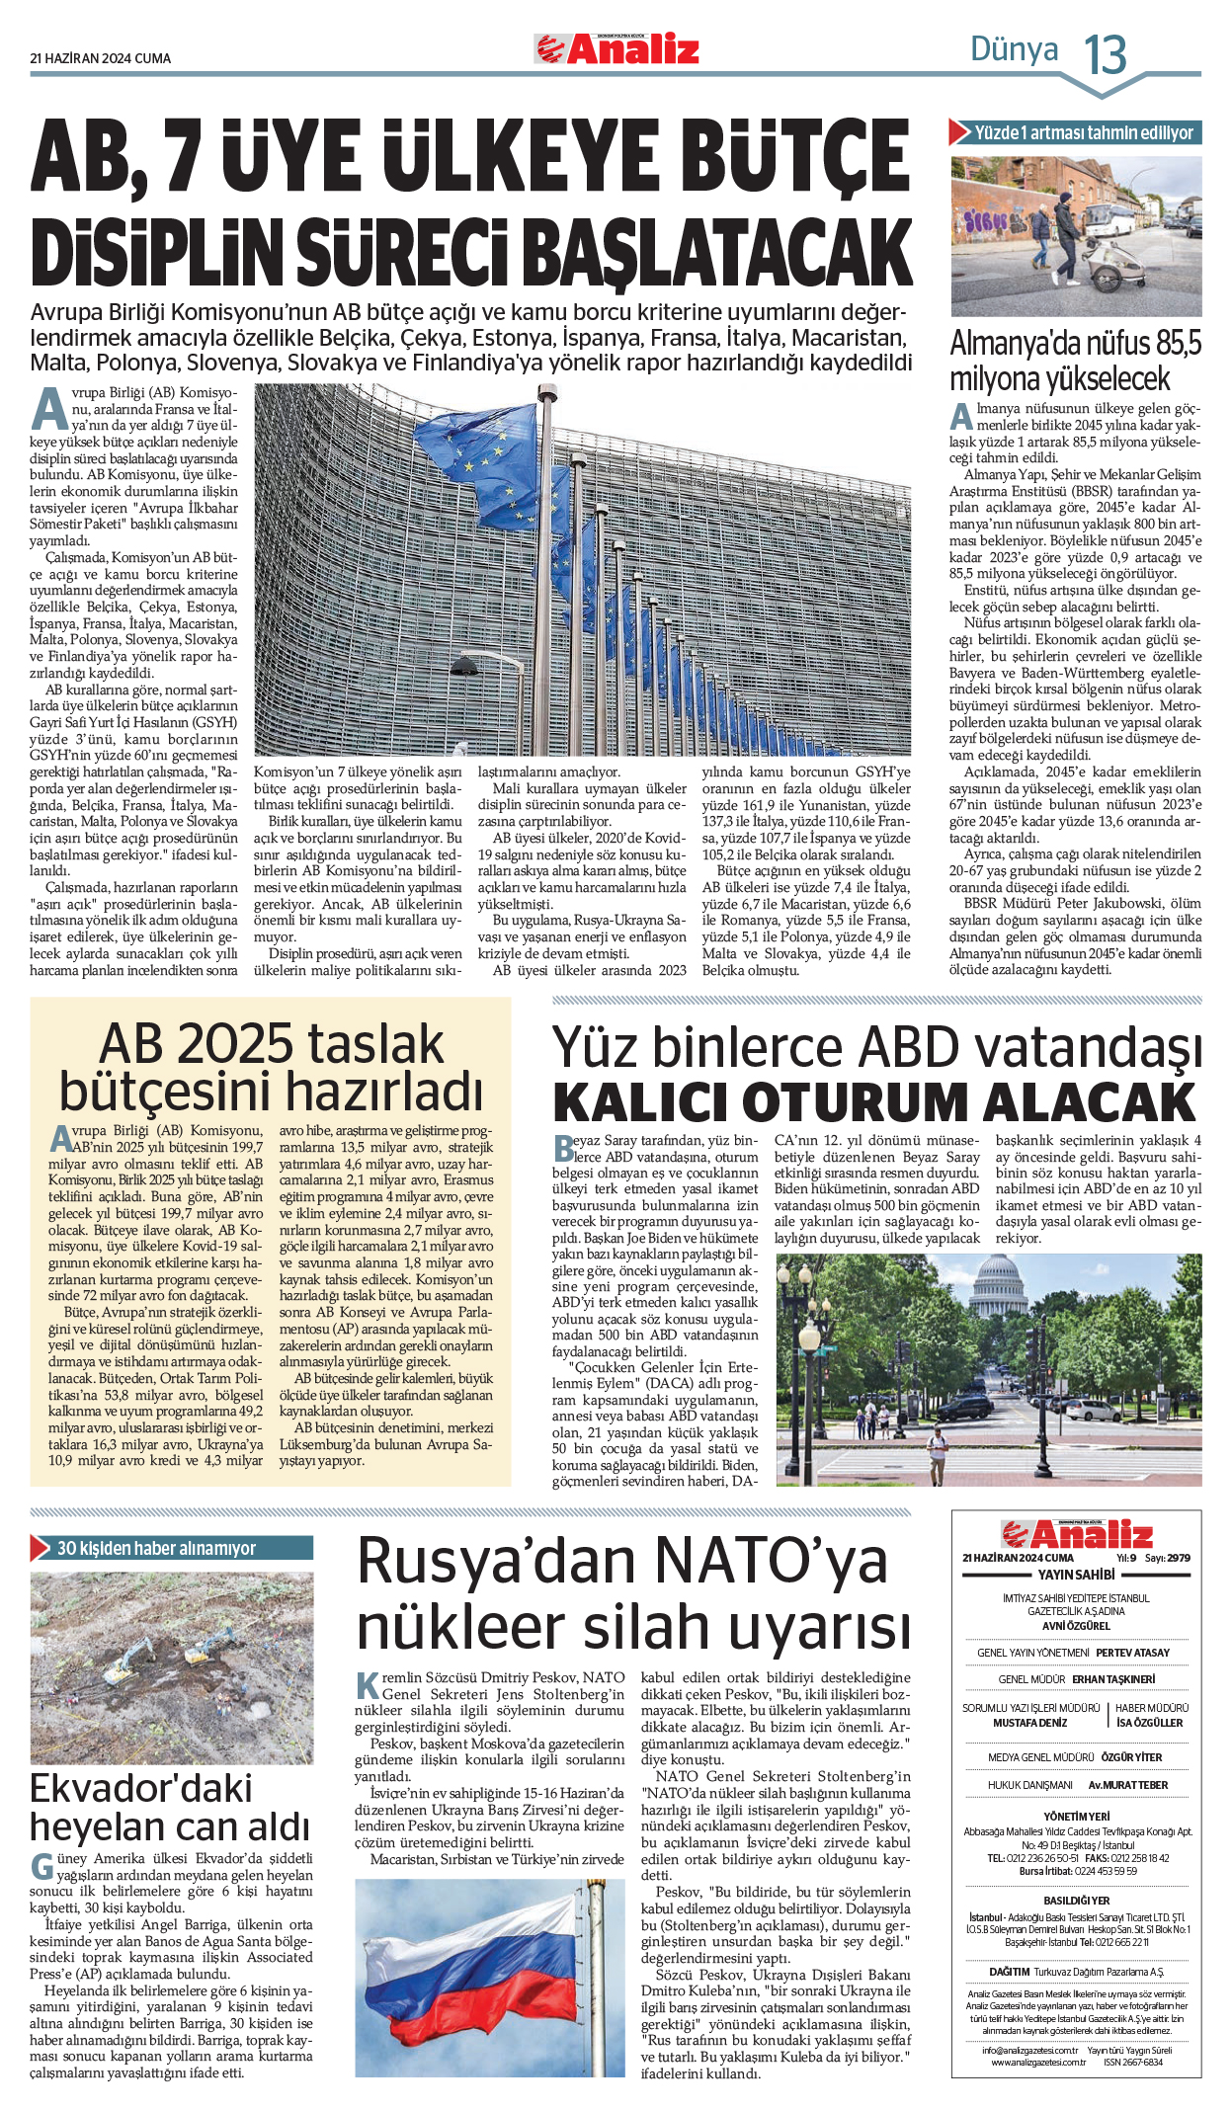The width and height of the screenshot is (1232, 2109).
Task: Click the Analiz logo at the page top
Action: pos(617,48)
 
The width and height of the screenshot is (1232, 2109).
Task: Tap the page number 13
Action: pos(1105,54)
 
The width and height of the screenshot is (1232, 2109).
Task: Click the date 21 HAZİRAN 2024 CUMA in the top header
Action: pos(101,58)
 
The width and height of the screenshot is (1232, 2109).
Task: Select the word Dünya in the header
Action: pos(1014,49)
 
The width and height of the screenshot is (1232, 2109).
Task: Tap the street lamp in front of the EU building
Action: pos(464,668)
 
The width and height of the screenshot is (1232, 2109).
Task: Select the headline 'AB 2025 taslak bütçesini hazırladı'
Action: pos(271,1068)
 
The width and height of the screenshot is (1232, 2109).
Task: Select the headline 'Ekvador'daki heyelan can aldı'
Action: pos(169,1808)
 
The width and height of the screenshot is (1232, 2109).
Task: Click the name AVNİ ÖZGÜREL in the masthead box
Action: pos(1076,1625)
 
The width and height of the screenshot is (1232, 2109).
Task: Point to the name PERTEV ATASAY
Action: pos(1132,1653)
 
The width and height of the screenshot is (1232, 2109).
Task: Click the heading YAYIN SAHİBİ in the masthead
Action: pos(1076,1575)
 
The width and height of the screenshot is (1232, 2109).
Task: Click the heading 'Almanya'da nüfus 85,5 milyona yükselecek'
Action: pos(1075,361)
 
